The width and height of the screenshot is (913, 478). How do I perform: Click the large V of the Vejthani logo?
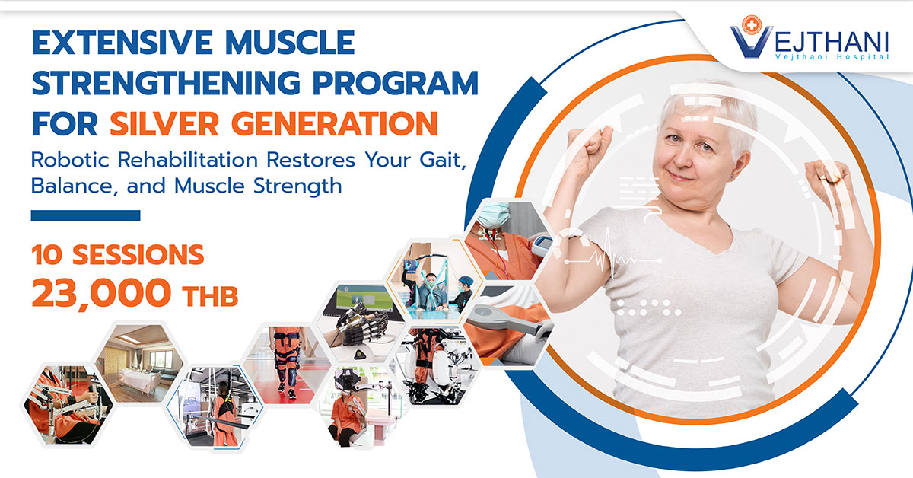(748, 37)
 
